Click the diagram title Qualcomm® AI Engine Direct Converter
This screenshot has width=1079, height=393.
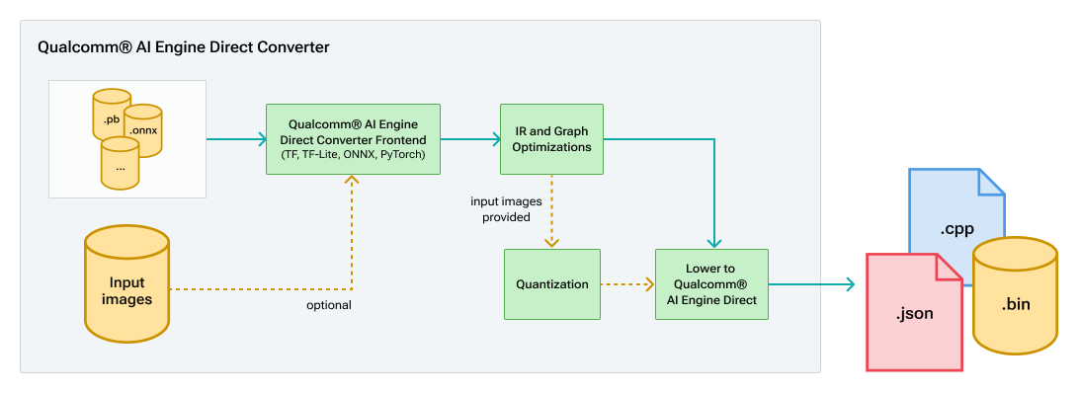183,46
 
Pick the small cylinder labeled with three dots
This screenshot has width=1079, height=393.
120,164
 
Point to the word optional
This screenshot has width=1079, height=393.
328,305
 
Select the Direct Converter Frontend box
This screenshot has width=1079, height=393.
353,138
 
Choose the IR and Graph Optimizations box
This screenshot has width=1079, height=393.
551,139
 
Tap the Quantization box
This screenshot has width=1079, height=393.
551,284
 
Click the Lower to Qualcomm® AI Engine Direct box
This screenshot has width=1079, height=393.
711,284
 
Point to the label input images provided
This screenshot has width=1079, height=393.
500,209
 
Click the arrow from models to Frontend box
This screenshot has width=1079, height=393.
235,139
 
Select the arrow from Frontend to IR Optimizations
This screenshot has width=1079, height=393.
469,139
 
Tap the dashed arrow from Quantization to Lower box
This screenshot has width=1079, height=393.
626,284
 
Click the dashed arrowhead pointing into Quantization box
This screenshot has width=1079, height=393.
551,242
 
